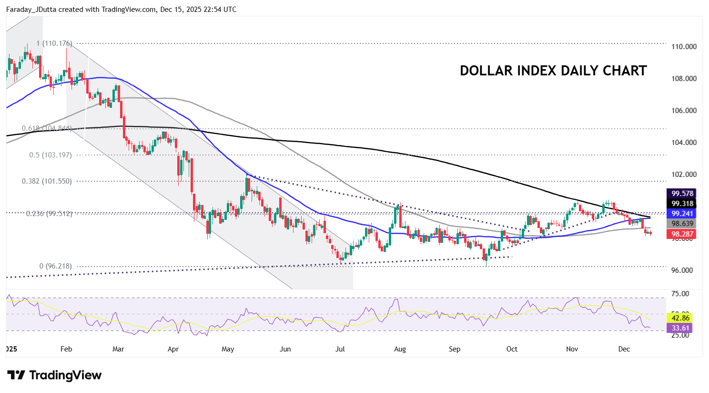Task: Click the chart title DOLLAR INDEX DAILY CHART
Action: tap(553, 71)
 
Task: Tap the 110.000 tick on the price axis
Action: tap(684, 47)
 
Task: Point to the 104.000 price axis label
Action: tap(684, 143)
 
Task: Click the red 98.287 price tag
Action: tap(682, 234)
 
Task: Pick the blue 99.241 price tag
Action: tap(682, 214)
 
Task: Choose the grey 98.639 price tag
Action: tap(682, 224)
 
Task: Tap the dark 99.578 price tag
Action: tap(682, 194)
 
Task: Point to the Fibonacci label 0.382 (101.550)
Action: tap(47, 181)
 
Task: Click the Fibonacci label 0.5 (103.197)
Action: tap(51, 155)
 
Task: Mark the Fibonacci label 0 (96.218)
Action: tap(56, 266)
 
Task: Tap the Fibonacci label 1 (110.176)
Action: tap(54, 43)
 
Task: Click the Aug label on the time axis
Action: tap(400, 349)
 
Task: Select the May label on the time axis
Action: tap(228, 349)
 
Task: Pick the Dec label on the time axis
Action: tap(624, 349)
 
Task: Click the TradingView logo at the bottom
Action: tap(54, 375)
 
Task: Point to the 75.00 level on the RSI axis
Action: tap(680, 294)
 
